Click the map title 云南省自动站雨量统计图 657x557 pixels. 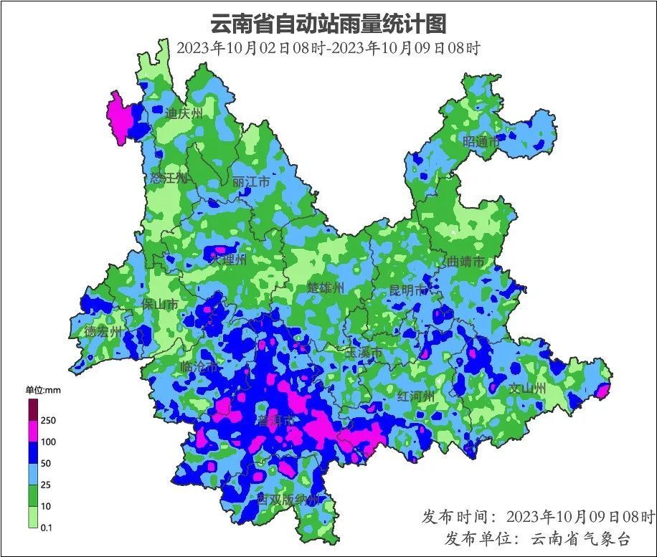pyautogui.click(x=328, y=24)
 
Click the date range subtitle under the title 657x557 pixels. pyautogui.click(x=328, y=48)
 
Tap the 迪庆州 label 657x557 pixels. pyautogui.click(x=184, y=113)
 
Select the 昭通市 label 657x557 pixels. pyautogui.click(x=481, y=142)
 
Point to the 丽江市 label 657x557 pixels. pyautogui.click(x=251, y=182)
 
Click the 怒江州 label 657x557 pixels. pyautogui.click(x=169, y=178)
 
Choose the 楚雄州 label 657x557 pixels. pyautogui.click(x=326, y=287)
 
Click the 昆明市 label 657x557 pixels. pyautogui.click(x=407, y=290)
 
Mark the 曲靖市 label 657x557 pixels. pyautogui.click(x=466, y=262)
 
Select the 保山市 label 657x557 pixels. pyautogui.click(x=159, y=305)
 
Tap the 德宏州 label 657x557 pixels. pyautogui.click(x=103, y=331)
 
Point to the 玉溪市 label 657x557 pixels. pyautogui.click(x=364, y=353)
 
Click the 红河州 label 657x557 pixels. pyautogui.click(x=416, y=396)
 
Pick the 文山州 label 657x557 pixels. pyautogui.click(x=527, y=389)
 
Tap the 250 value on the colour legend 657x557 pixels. pyautogui.click(x=48, y=421)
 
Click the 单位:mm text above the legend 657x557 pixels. pyautogui.click(x=44, y=390)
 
